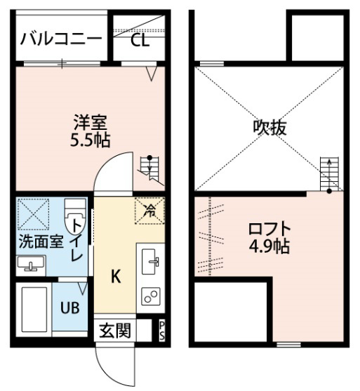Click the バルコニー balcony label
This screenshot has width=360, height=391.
[61, 39]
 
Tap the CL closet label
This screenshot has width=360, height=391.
[140, 40]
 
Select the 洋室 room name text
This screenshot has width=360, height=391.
[91, 122]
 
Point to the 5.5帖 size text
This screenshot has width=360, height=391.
[91, 140]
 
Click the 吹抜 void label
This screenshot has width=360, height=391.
[269, 128]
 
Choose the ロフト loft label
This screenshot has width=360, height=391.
[269, 229]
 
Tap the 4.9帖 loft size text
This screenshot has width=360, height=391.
[269, 246]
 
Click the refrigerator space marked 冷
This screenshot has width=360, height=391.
[150, 211]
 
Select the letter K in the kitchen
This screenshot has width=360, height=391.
[116, 277]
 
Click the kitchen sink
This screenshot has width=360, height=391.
[150, 261]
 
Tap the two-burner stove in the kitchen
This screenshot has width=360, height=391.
[151, 296]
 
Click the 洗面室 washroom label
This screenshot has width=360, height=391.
[41, 241]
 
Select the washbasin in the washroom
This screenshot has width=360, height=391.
[31, 265]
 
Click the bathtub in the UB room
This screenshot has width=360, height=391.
[34, 310]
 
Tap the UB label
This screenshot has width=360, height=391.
[70, 307]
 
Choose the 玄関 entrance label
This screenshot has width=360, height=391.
[115, 331]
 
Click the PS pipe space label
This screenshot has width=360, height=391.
[162, 331]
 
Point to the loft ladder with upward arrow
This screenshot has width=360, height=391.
[329, 174]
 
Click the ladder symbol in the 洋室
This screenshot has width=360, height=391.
[150, 170]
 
